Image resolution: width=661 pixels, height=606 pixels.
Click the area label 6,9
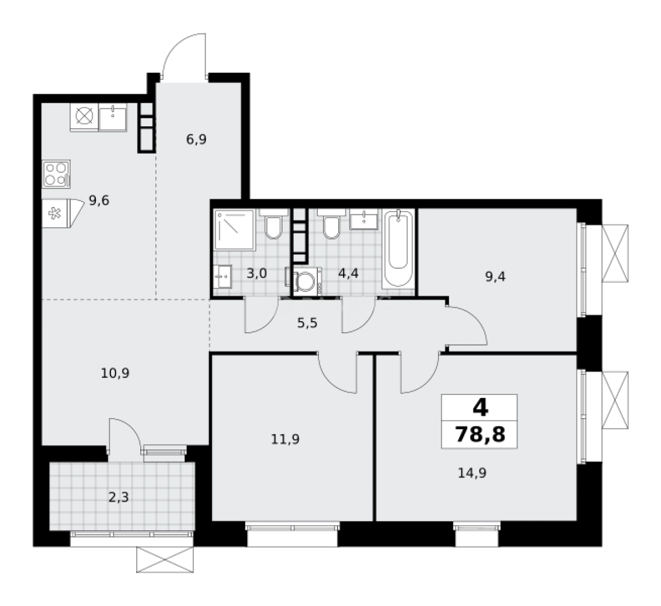tap(197, 140)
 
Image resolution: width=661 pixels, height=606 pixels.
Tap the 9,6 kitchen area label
tap(99, 200)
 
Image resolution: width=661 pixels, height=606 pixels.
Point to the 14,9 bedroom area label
tap(472, 472)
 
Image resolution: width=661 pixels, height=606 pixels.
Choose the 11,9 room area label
tap(285, 439)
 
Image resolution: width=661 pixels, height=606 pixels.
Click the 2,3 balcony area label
tap(119, 497)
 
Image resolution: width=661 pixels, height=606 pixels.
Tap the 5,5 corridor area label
tap(307, 323)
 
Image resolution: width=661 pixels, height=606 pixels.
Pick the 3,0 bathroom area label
tap(257, 274)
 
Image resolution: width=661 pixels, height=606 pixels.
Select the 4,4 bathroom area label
tap(348, 274)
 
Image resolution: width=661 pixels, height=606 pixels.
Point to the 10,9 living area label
tap(115, 373)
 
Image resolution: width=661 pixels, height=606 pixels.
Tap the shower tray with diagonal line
tap(234, 231)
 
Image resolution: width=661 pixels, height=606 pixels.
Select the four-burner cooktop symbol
tap(56, 173)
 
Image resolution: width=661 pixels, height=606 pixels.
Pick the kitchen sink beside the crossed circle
tap(113, 117)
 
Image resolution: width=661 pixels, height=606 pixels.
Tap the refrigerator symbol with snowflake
tap(56, 213)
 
